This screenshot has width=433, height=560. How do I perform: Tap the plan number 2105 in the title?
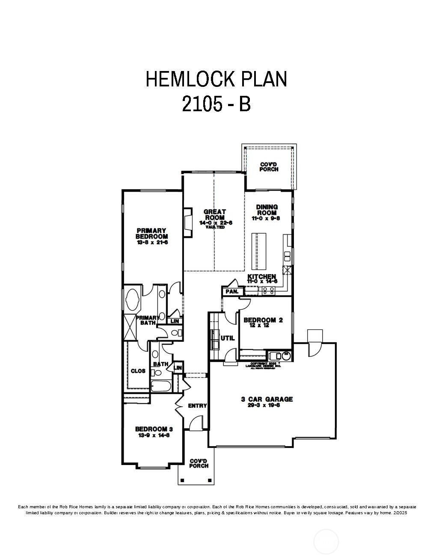[199, 104]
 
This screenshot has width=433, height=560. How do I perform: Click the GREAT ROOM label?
[215, 215]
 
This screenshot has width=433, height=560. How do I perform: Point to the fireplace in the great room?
[187, 223]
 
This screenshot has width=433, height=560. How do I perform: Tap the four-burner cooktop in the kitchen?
[268, 290]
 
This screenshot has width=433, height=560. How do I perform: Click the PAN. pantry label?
[232, 291]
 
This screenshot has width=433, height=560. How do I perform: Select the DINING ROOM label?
[267, 210]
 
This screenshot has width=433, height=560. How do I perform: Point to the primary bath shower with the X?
[130, 326]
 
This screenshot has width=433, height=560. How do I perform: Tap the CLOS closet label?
[138, 371]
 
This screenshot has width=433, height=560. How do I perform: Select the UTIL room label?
[228, 338]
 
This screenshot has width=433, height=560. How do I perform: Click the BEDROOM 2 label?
[263, 320]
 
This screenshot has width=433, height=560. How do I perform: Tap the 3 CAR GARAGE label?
[267, 399]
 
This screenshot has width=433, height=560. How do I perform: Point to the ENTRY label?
[197, 406]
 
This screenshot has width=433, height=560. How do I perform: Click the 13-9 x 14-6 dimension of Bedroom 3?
[154, 435]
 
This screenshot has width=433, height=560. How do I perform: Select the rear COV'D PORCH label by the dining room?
[269, 167]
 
